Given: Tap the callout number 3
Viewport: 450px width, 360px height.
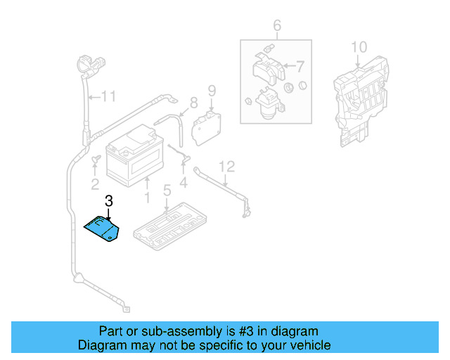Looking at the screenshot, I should (108, 202).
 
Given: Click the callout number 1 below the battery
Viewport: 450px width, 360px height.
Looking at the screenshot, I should (147, 199).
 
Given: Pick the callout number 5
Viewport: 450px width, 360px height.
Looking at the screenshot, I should (167, 191).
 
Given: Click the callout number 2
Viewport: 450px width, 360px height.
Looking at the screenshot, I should (95, 184).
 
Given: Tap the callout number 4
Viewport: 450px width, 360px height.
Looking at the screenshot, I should (184, 184).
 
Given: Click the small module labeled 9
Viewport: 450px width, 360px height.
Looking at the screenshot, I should (206, 125).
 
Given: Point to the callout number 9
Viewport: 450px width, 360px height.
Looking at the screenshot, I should (210, 90).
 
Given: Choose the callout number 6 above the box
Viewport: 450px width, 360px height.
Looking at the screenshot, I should (277, 27).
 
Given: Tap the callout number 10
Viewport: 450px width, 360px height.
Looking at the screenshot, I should (359, 47).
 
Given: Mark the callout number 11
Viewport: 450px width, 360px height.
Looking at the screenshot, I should (107, 96).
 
